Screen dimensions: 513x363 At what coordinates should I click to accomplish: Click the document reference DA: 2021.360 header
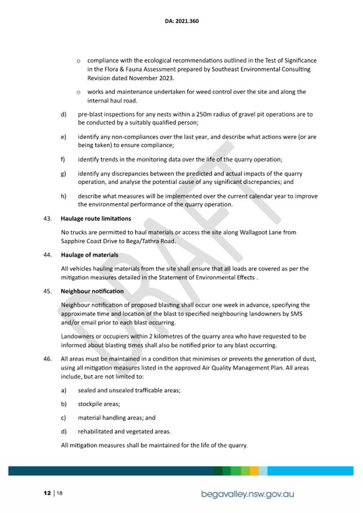(x=182, y=22)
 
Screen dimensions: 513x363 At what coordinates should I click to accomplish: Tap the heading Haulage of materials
(x=90, y=255)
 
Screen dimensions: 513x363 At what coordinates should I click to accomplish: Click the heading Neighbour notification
(x=92, y=291)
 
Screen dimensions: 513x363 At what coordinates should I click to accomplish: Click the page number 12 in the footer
(x=47, y=493)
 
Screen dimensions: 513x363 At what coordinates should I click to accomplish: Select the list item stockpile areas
(x=99, y=403)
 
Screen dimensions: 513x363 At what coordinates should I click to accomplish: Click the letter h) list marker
(x=63, y=196)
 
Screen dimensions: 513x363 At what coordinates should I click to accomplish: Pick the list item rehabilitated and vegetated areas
(x=125, y=431)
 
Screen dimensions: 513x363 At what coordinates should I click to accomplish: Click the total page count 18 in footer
(x=59, y=493)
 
